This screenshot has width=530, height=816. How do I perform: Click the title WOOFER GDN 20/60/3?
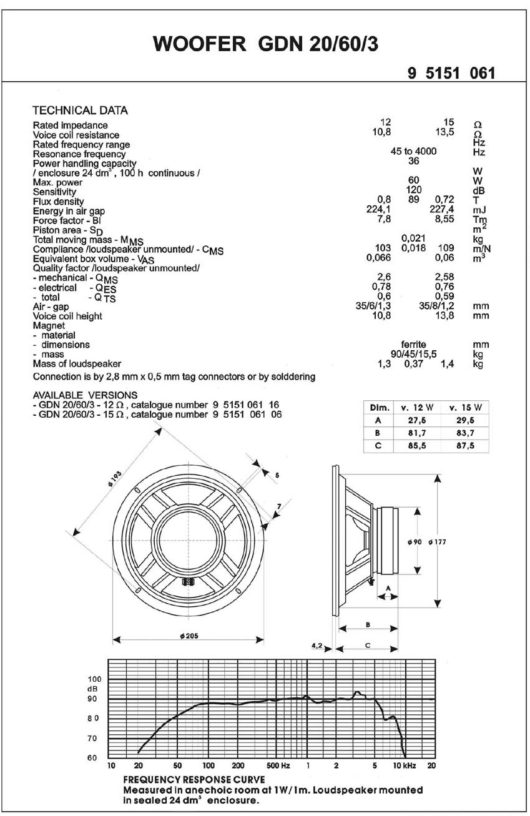coord(265,45)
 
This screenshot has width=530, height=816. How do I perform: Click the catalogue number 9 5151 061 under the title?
coord(451,74)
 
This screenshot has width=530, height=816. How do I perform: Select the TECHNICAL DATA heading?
coord(80,111)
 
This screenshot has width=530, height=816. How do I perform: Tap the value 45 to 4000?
coord(413,151)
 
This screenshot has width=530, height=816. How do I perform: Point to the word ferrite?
coord(413,344)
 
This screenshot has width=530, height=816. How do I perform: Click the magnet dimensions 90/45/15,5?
coord(413,354)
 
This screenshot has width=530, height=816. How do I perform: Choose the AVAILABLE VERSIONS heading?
coord(85,395)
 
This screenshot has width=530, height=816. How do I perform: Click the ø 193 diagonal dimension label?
coord(114,479)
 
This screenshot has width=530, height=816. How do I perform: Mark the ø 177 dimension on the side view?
coord(437,542)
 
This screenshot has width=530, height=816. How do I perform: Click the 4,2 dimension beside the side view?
coord(317,646)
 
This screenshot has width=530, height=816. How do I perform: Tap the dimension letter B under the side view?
coord(368,624)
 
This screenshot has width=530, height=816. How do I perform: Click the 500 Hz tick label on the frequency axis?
coord(278,765)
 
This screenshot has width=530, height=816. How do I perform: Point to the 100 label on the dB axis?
coord(93,679)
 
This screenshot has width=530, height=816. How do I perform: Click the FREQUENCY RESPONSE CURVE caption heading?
coord(194,780)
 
